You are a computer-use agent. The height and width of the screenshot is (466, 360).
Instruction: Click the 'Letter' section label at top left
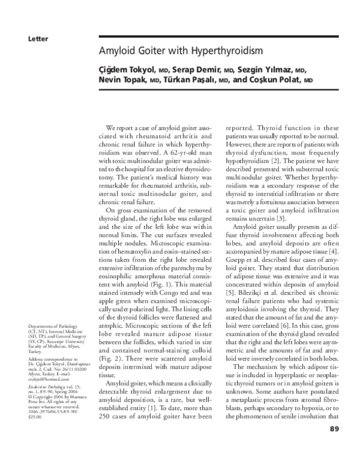click(x=37, y=39)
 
